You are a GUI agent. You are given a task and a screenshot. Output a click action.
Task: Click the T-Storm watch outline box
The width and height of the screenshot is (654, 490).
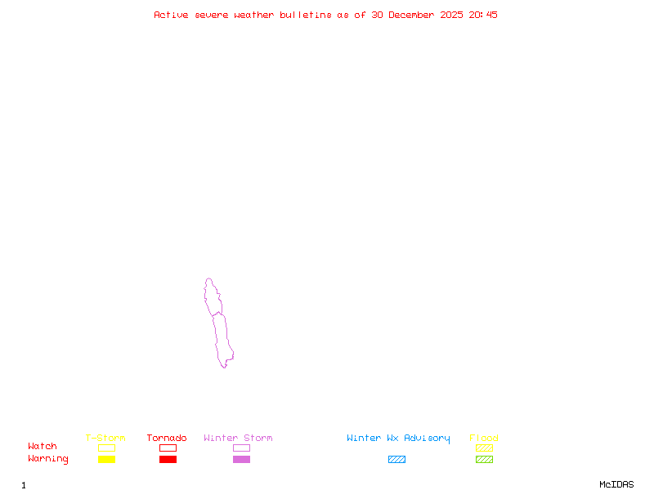106,448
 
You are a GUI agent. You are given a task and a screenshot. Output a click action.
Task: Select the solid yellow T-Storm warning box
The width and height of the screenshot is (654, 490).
106,459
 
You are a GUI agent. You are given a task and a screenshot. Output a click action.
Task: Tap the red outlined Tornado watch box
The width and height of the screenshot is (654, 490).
168,448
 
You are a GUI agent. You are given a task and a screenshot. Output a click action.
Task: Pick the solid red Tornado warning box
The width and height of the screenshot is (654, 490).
168,459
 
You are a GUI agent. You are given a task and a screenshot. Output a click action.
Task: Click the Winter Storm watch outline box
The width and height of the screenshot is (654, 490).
241,448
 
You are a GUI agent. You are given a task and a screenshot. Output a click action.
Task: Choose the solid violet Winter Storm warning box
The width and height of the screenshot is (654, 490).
241,459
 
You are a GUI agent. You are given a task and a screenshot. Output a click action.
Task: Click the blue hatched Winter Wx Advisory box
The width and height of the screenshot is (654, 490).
396,459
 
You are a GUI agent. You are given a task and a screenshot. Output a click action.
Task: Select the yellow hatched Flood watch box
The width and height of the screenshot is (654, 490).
484,448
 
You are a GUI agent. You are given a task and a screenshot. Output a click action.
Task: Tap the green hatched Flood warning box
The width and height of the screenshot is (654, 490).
484,459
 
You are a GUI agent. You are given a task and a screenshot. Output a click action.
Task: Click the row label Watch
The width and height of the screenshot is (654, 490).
43,447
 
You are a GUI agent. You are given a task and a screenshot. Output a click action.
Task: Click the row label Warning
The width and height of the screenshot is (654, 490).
48,459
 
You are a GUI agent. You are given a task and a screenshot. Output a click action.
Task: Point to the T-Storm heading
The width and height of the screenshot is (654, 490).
105,438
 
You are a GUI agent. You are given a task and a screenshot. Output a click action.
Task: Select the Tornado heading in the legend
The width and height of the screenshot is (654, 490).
167,438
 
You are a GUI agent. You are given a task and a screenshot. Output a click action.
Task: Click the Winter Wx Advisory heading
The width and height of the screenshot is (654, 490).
398,438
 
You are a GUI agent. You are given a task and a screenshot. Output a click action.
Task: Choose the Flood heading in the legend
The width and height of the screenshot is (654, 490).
484,438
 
